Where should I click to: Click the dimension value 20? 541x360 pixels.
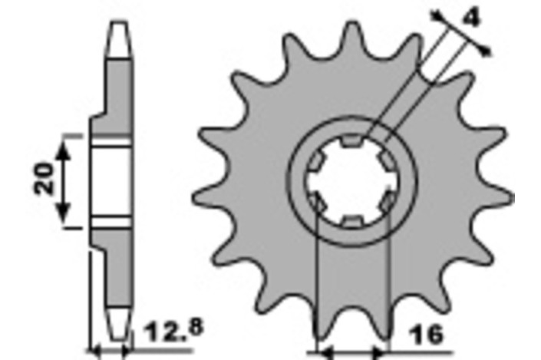[44, 178]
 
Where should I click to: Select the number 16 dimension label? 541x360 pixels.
[427, 334]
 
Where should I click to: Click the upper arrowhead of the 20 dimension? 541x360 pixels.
[64, 151]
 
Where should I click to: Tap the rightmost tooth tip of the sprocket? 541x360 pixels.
[512, 198]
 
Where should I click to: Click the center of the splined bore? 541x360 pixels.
[353, 181]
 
